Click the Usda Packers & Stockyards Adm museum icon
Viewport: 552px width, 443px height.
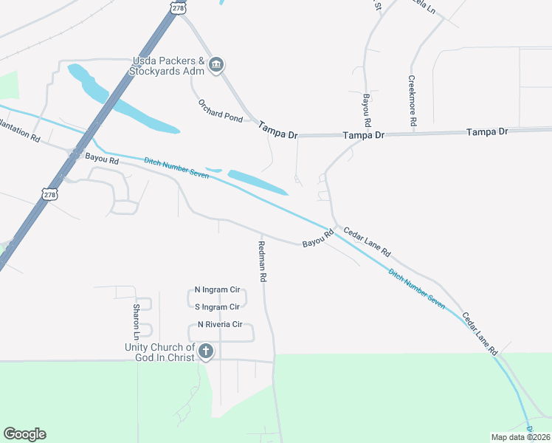(x=216, y=65)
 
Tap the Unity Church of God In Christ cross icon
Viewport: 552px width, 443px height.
(x=206, y=352)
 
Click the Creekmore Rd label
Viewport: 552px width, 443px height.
(x=413, y=100)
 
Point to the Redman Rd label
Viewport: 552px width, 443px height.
(x=262, y=262)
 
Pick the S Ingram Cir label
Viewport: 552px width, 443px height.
(x=217, y=306)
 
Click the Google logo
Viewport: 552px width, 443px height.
(x=24, y=434)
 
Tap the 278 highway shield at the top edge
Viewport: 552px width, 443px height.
(x=177, y=7)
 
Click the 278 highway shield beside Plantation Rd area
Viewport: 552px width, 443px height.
(x=49, y=194)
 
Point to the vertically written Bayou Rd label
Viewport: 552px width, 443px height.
(x=366, y=108)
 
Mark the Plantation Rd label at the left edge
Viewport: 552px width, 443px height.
(x=20, y=135)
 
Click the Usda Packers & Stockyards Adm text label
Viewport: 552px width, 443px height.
(x=167, y=66)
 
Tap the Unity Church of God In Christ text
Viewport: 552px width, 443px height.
(x=159, y=352)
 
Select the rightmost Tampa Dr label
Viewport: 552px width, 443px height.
(x=487, y=131)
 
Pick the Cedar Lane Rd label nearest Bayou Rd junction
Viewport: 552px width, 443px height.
(x=367, y=241)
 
